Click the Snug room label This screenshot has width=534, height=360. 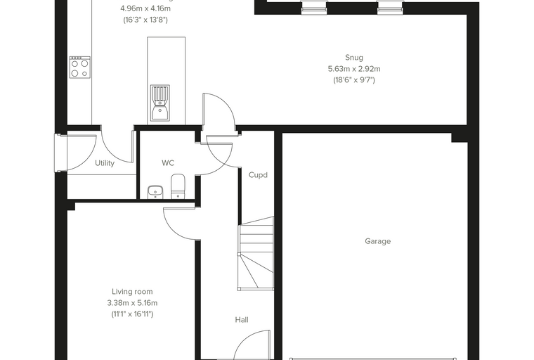[354, 58]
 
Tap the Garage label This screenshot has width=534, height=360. [378, 241]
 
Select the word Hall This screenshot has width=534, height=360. [242, 320]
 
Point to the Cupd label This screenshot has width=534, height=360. [258, 175]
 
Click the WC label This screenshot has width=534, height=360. [168, 163]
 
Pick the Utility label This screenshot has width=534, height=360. [105, 163]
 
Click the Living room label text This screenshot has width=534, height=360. [132, 292]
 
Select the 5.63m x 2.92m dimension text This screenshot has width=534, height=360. [354, 69]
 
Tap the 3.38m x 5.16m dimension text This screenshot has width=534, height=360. [132, 303]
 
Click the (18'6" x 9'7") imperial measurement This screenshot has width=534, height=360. [354, 80]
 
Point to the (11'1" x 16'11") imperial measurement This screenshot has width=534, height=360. [132, 314]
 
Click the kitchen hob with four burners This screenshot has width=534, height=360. [80, 67]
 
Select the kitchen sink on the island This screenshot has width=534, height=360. [159, 103]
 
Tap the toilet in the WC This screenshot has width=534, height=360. [178, 186]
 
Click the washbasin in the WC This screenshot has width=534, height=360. [155, 192]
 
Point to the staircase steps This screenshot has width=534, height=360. [256, 254]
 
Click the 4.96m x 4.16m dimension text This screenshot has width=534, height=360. [145, 8]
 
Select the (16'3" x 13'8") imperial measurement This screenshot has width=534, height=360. [145, 20]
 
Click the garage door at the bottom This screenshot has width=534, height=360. [373, 359]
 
